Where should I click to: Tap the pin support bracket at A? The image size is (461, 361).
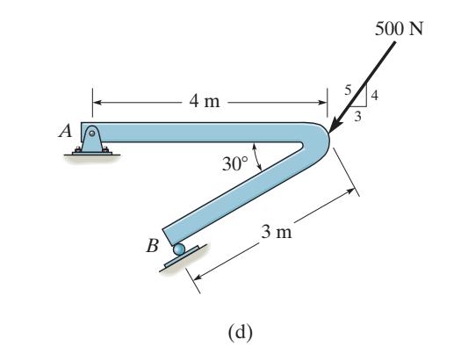pyautogui.click(x=91, y=139)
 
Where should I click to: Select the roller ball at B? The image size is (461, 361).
pyautogui.click(x=179, y=250)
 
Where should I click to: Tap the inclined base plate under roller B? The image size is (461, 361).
pyautogui.click(x=182, y=261)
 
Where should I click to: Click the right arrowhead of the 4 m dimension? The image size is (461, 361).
pyautogui.click(x=321, y=102)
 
